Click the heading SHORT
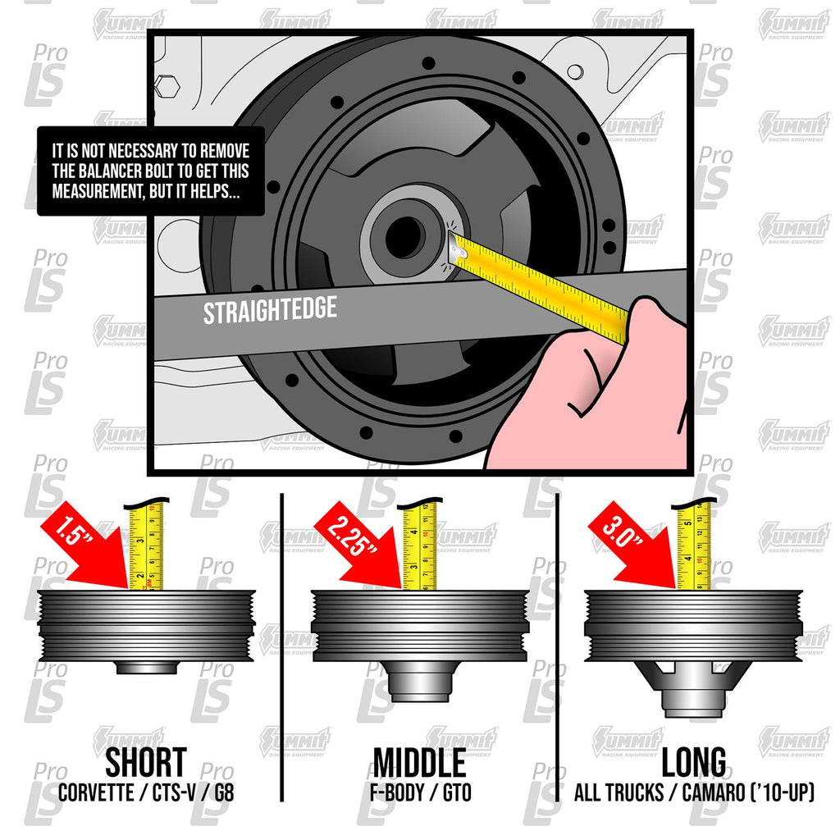145,763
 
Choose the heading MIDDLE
419,763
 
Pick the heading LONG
695,763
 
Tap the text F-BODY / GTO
419,794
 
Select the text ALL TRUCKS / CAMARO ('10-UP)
695,794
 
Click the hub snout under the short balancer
146,667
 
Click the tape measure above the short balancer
148,546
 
